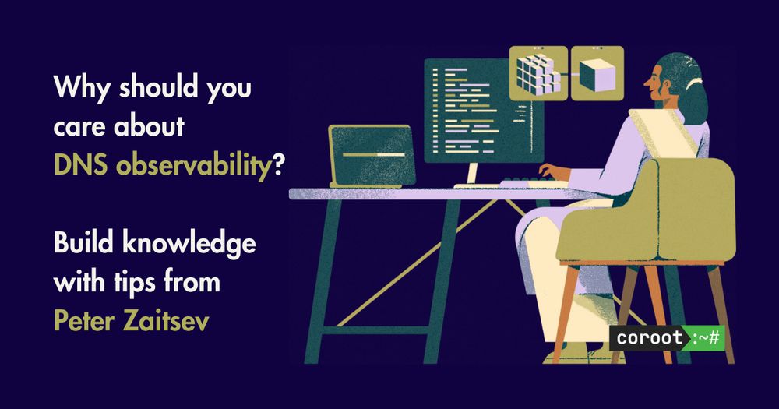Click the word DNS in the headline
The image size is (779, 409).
pos(80,164)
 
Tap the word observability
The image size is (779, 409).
pos(193,165)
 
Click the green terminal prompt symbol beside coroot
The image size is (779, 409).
pos(705,338)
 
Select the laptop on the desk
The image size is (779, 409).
pos(372,156)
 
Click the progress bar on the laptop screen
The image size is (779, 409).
pos(374,154)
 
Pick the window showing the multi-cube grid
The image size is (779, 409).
pos(538,73)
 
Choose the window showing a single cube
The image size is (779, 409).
pos(597,73)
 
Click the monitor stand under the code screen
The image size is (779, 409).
pos(471,175)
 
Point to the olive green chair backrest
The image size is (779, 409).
pos(696,209)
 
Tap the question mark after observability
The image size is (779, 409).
pos(278,164)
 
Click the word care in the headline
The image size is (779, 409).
pos(81,128)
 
